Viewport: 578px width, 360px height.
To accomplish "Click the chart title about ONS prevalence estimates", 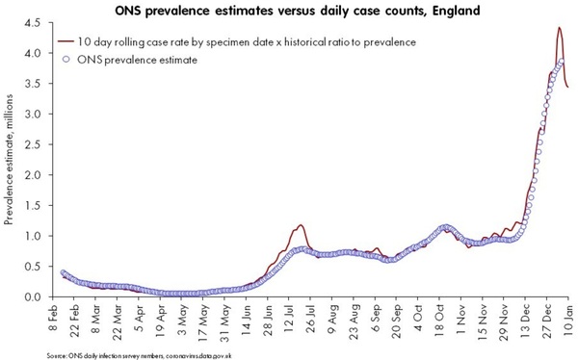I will (290, 10).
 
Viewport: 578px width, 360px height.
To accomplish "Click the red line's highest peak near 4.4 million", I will (560, 28).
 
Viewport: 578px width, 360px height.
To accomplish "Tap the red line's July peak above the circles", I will (301, 225).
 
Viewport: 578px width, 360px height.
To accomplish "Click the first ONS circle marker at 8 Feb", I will (64, 273).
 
